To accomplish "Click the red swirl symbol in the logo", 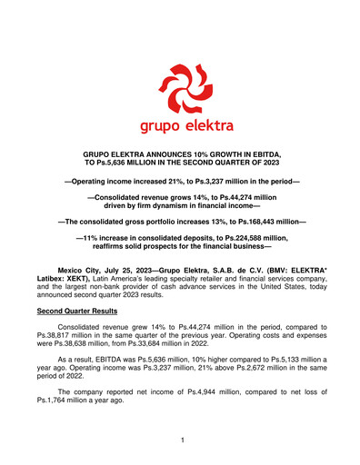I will (x=180, y=85).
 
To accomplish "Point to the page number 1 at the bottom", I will (x=180, y=440).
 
